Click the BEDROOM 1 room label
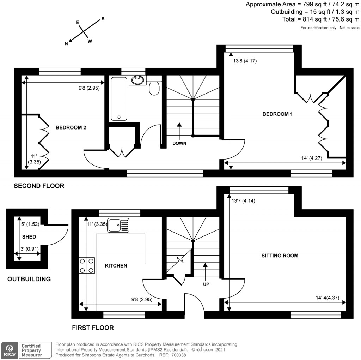pos(277,114)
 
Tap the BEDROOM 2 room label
pos(71,128)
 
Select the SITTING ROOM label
pos(280,256)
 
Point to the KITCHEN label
pos(116,265)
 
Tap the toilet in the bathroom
pos(155,88)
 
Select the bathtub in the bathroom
pos(119,99)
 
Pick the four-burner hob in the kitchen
pos(87,265)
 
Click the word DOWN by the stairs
pos(179,144)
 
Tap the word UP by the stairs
pos(206,284)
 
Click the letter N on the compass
pos(66,44)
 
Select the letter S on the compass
pos(103,19)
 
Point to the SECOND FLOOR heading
pos(39,186)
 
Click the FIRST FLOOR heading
pos(93,328)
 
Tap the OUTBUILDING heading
pos(29,279)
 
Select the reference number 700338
pos(181,355)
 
